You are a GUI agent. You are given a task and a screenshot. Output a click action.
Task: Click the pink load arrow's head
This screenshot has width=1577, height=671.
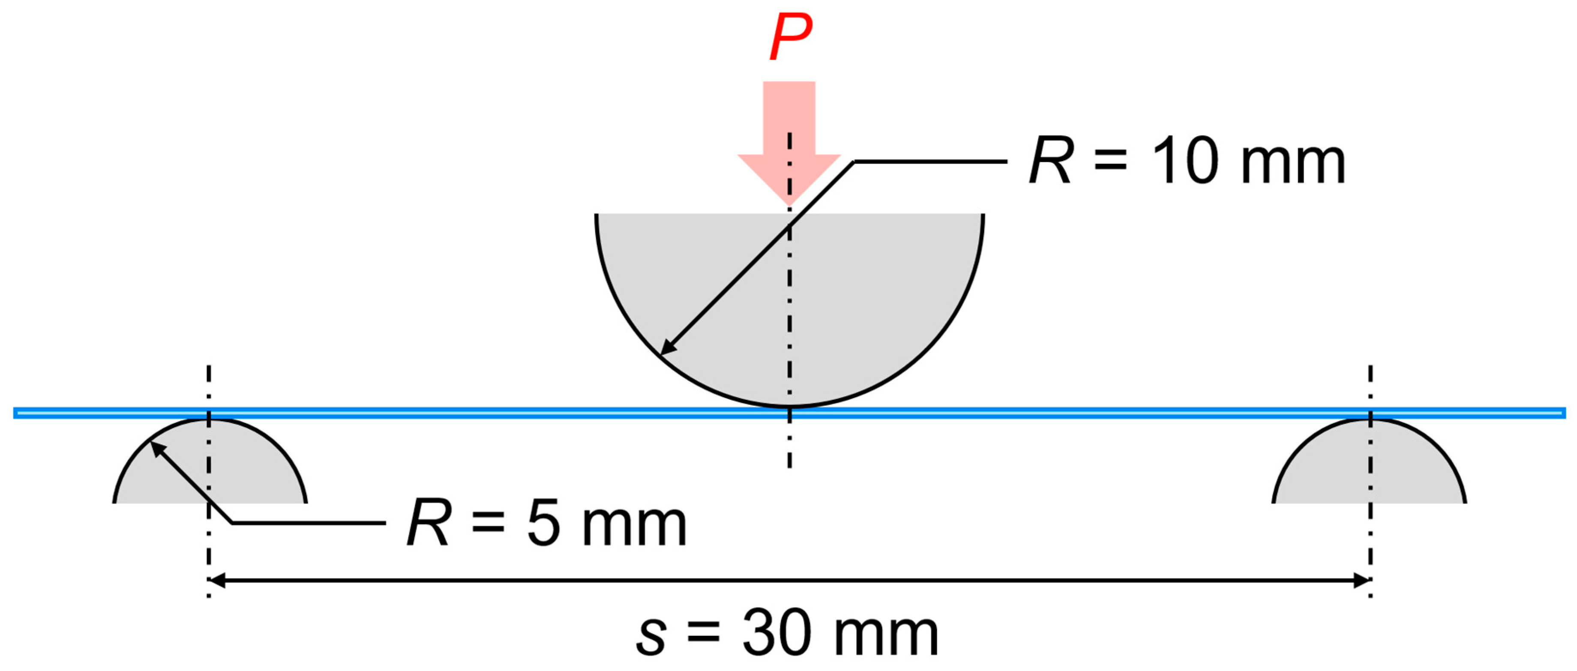pyautogui.click(x=789, y=177)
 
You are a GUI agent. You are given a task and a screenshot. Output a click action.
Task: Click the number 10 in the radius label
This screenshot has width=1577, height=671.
pyautogui.click(x=1185, y=161)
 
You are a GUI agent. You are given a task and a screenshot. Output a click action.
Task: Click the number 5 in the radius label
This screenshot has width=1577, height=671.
pyautogui.click(x=544, y=524)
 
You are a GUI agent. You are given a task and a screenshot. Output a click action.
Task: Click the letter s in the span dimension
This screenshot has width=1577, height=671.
pyautogui.click(x=650, y=637)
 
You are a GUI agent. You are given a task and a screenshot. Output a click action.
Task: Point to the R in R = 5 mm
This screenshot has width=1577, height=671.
pyautogui.click(x=429, y=524)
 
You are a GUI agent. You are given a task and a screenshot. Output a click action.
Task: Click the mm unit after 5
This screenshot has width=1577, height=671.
pyautogui.click(x=634, y=527)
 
